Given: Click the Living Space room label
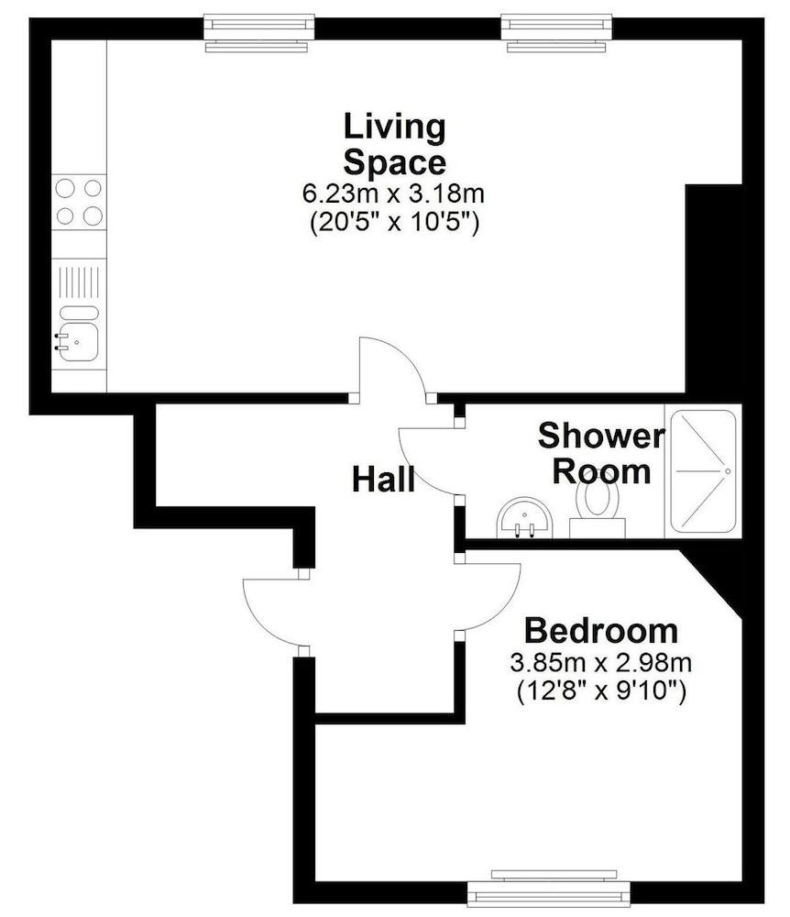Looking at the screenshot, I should (x=394, y=144).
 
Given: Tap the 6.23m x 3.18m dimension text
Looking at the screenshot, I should (x=394, y=194).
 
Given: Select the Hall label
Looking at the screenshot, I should (x=383, y=479).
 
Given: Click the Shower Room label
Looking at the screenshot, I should (x=600, y=454).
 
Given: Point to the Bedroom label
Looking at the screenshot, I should (x=600, y=631).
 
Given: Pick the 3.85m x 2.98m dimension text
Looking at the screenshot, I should (x=600, y=662).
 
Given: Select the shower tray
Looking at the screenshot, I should (x=703, y=470).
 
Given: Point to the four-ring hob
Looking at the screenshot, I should (x=79, y=202).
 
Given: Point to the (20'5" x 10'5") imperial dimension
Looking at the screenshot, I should (x=394, y=222).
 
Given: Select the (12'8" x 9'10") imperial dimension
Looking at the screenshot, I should (x=600, y=690).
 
